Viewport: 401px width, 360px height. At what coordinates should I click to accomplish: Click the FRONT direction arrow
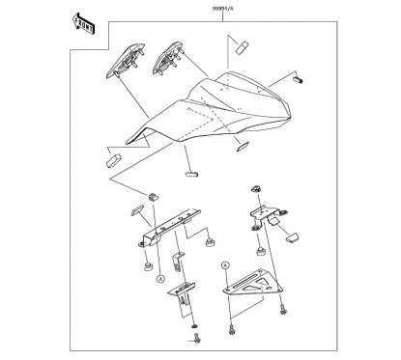click(x=83, y=23)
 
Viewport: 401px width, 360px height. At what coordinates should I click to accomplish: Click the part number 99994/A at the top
click(x=222, y=9)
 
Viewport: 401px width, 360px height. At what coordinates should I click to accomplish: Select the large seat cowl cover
click(x=210, y=108)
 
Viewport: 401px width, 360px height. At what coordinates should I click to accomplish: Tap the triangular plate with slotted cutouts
click(x=253, y=283)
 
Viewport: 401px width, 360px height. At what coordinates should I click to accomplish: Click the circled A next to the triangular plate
click(x=225, y=265)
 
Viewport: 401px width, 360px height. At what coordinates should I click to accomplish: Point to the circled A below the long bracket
click(x=160, y=279)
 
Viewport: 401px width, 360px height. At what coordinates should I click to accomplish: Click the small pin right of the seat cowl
click(x=299, y=79)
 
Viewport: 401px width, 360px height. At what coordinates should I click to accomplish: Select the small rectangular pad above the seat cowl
click(x=242, y=47)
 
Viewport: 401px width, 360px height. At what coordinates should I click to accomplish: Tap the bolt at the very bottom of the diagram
click(x=197, y=339)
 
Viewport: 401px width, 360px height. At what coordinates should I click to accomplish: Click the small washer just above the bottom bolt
click(x=194, y=326)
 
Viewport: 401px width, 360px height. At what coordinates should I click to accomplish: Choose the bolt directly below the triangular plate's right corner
click(x=283, y=310)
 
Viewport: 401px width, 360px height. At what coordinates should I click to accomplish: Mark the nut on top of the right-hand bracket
click(x=256, y=188)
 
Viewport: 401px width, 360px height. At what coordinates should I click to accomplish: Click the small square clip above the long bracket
click(x=154, y=197)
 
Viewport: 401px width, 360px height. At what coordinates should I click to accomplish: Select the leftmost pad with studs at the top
click(x=126, y=61)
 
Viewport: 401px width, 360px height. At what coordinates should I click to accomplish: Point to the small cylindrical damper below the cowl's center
click(x=191, y=175)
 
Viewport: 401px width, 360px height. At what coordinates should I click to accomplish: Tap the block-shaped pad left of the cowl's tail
click(x=113, y=160)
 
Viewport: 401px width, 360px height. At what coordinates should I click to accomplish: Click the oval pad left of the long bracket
click(x=137, y=210)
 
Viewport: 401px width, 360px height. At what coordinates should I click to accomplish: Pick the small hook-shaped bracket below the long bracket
click(x=178, y=262)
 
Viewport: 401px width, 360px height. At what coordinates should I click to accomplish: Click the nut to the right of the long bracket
click(x=210, y=242)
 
